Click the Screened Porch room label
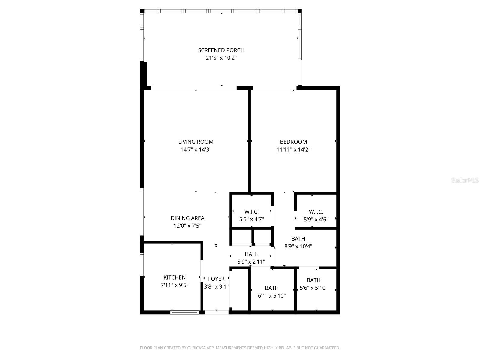[221, 50]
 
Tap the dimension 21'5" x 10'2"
[221, 58]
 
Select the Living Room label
[196, 142]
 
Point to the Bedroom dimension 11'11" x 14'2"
[293, 149]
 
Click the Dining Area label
[187, 218]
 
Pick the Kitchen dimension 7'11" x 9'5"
[175, 285]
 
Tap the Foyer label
[216, 279]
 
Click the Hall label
[251, 254]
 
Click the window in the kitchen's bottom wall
[184, 312]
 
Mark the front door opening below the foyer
[217, 312]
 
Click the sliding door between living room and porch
[194, 88]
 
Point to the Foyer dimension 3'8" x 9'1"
[216, 287]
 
